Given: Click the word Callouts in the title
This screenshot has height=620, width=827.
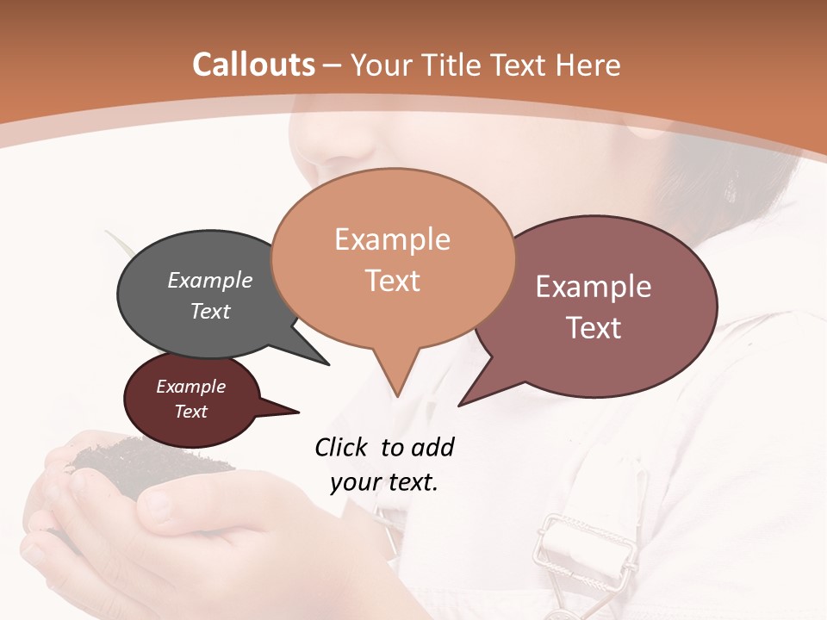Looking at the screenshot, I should click(253, 65).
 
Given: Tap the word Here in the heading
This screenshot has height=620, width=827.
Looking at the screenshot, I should click(588, 65).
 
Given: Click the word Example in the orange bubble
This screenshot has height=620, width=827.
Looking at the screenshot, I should click(392, 239).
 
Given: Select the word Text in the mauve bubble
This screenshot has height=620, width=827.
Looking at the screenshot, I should click(594, 328).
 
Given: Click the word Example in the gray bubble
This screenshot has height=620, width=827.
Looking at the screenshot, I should click(210, 280).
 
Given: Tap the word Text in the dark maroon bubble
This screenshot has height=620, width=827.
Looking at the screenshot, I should click(191, 412).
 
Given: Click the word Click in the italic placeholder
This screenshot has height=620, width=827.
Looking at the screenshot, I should click(342, 447).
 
